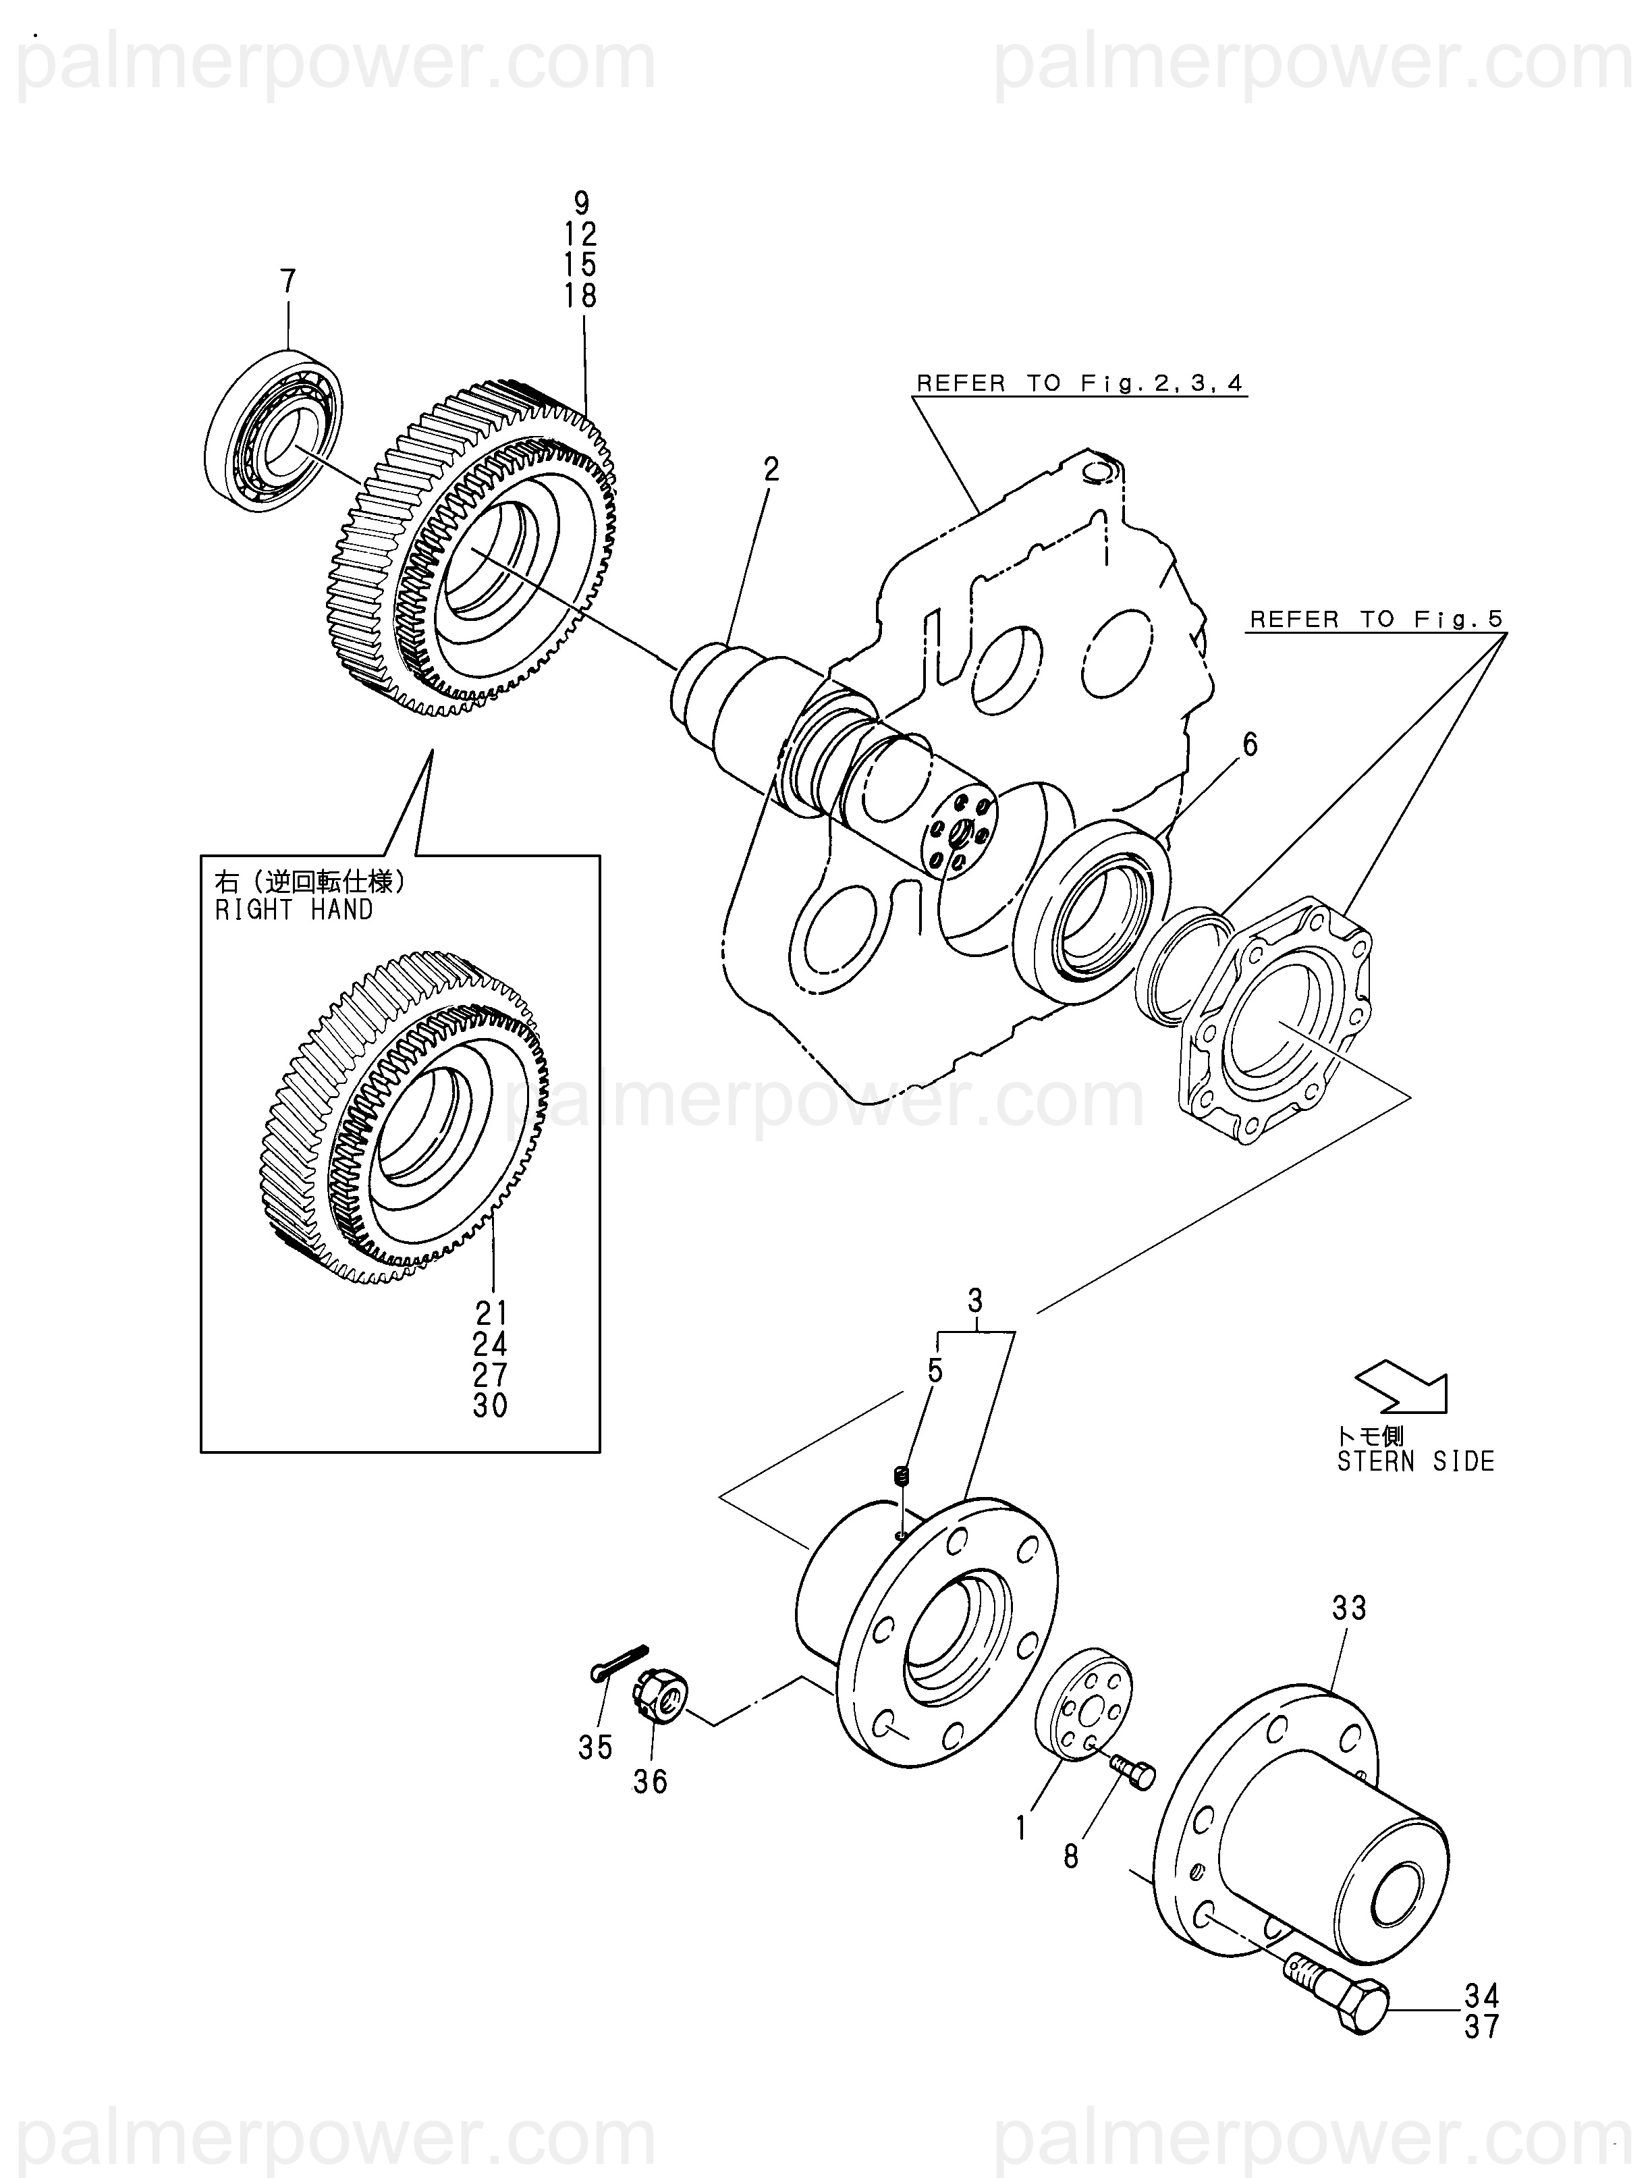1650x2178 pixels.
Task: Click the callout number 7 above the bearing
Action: pos(287,283)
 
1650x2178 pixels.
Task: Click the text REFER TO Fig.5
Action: pos(1375,620)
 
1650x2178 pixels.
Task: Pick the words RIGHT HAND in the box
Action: pos(294,910)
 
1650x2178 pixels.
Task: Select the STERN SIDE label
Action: pos(1414,1462)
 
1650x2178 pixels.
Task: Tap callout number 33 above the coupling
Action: pos(1350,1609)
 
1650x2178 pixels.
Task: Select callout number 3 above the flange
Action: pos(974,1302)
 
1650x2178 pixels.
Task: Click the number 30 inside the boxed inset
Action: pos(490,1406)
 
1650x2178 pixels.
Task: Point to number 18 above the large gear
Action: pos(581,296)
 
